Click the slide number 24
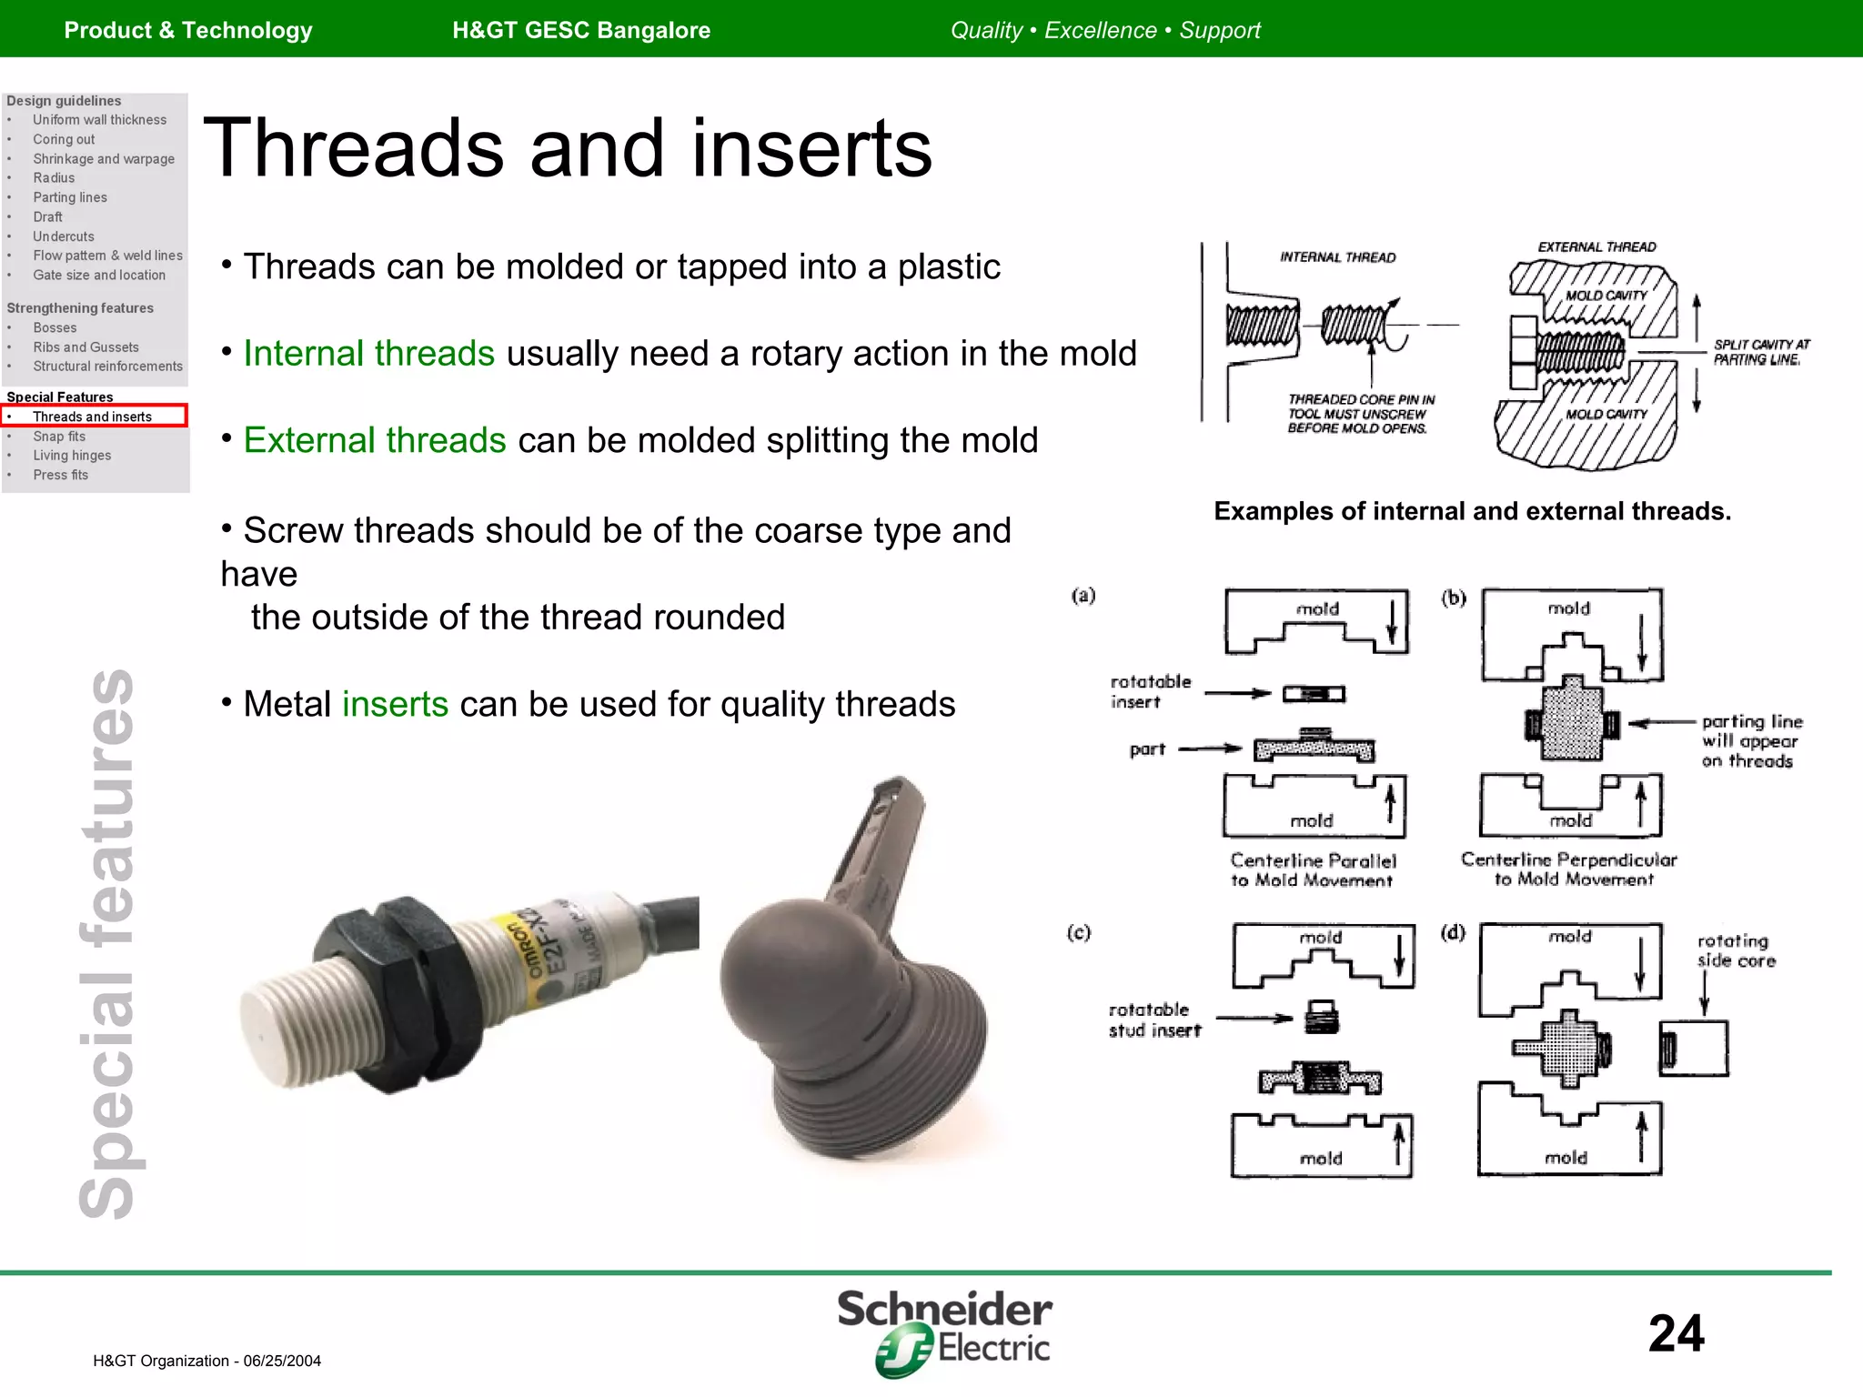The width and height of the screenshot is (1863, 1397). pos(1676,1333)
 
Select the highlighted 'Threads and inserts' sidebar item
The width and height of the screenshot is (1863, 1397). pos(93,417)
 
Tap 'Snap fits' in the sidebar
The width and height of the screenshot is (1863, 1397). pos(59,437)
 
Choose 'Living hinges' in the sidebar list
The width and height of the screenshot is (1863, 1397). pos(72,456)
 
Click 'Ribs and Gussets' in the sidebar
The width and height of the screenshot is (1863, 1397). pos(86,347)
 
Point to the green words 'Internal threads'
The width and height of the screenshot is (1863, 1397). pos(368,353)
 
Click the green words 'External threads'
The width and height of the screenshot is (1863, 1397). pos(374,440)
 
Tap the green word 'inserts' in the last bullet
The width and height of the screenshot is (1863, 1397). pos(395,704)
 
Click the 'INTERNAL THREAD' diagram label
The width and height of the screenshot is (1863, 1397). pos(1337,257)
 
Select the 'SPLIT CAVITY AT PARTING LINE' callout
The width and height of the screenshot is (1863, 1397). pos(1761,352)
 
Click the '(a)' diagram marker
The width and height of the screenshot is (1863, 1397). pos(1083,596)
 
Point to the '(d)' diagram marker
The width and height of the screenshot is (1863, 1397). pos(1453,932)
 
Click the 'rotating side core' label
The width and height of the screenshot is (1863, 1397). pos(1736,950)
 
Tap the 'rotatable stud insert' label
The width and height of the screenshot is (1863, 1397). pos(1153,1020)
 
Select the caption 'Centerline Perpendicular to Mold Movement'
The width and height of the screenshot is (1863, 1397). pos(1569,869)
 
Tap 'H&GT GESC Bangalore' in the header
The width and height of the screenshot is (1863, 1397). pos(581,30)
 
